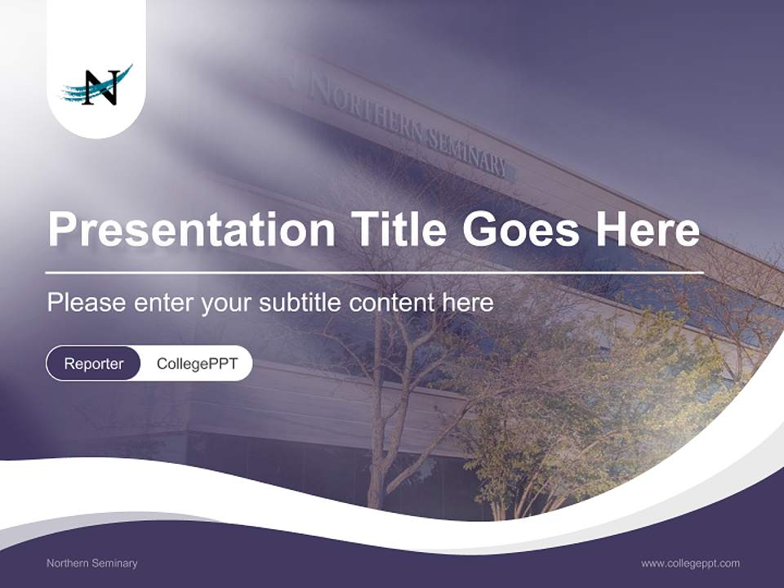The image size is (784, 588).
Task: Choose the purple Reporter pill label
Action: [93, 363]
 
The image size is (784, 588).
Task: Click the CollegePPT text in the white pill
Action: [197, 363]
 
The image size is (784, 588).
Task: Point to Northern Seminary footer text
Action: [91, 563]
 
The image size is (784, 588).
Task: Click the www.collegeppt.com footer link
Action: [690, 563]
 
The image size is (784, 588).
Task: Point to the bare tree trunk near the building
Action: [376, 441]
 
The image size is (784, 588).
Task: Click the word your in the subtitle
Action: [229, 304]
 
